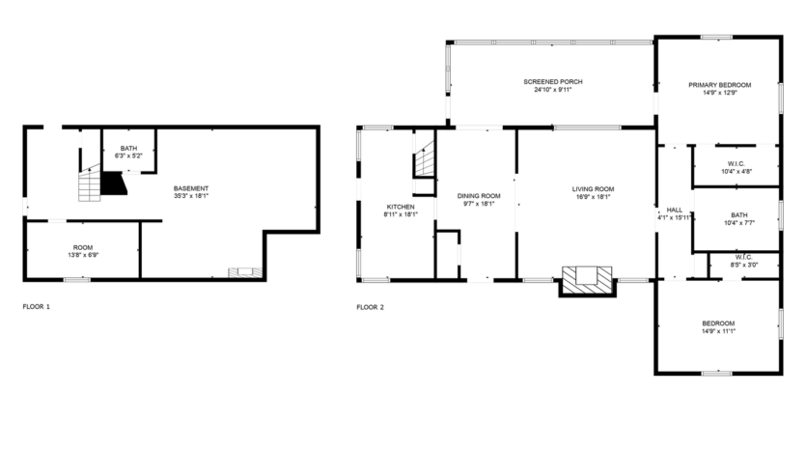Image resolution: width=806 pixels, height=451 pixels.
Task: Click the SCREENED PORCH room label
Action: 553,82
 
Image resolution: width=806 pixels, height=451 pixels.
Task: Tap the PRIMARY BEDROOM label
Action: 719,85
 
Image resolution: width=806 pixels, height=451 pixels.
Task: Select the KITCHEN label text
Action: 401,207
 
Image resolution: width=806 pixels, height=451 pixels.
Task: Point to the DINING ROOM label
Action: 479,196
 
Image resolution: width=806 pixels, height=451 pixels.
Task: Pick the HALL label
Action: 674,210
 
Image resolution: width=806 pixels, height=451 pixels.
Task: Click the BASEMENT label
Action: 191,187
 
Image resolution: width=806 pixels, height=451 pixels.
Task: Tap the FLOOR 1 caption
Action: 36,307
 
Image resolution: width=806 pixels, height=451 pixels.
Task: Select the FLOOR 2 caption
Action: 370,307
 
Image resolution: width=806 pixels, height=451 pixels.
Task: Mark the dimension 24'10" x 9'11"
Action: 553,91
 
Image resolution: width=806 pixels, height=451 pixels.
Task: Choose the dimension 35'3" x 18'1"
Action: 191,196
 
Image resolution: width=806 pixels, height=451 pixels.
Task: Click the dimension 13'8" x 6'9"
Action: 83,256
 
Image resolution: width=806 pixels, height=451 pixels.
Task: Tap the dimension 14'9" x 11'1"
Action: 719,331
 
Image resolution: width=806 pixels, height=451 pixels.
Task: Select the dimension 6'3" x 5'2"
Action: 128,155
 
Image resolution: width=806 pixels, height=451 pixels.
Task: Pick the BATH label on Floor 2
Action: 739,215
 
